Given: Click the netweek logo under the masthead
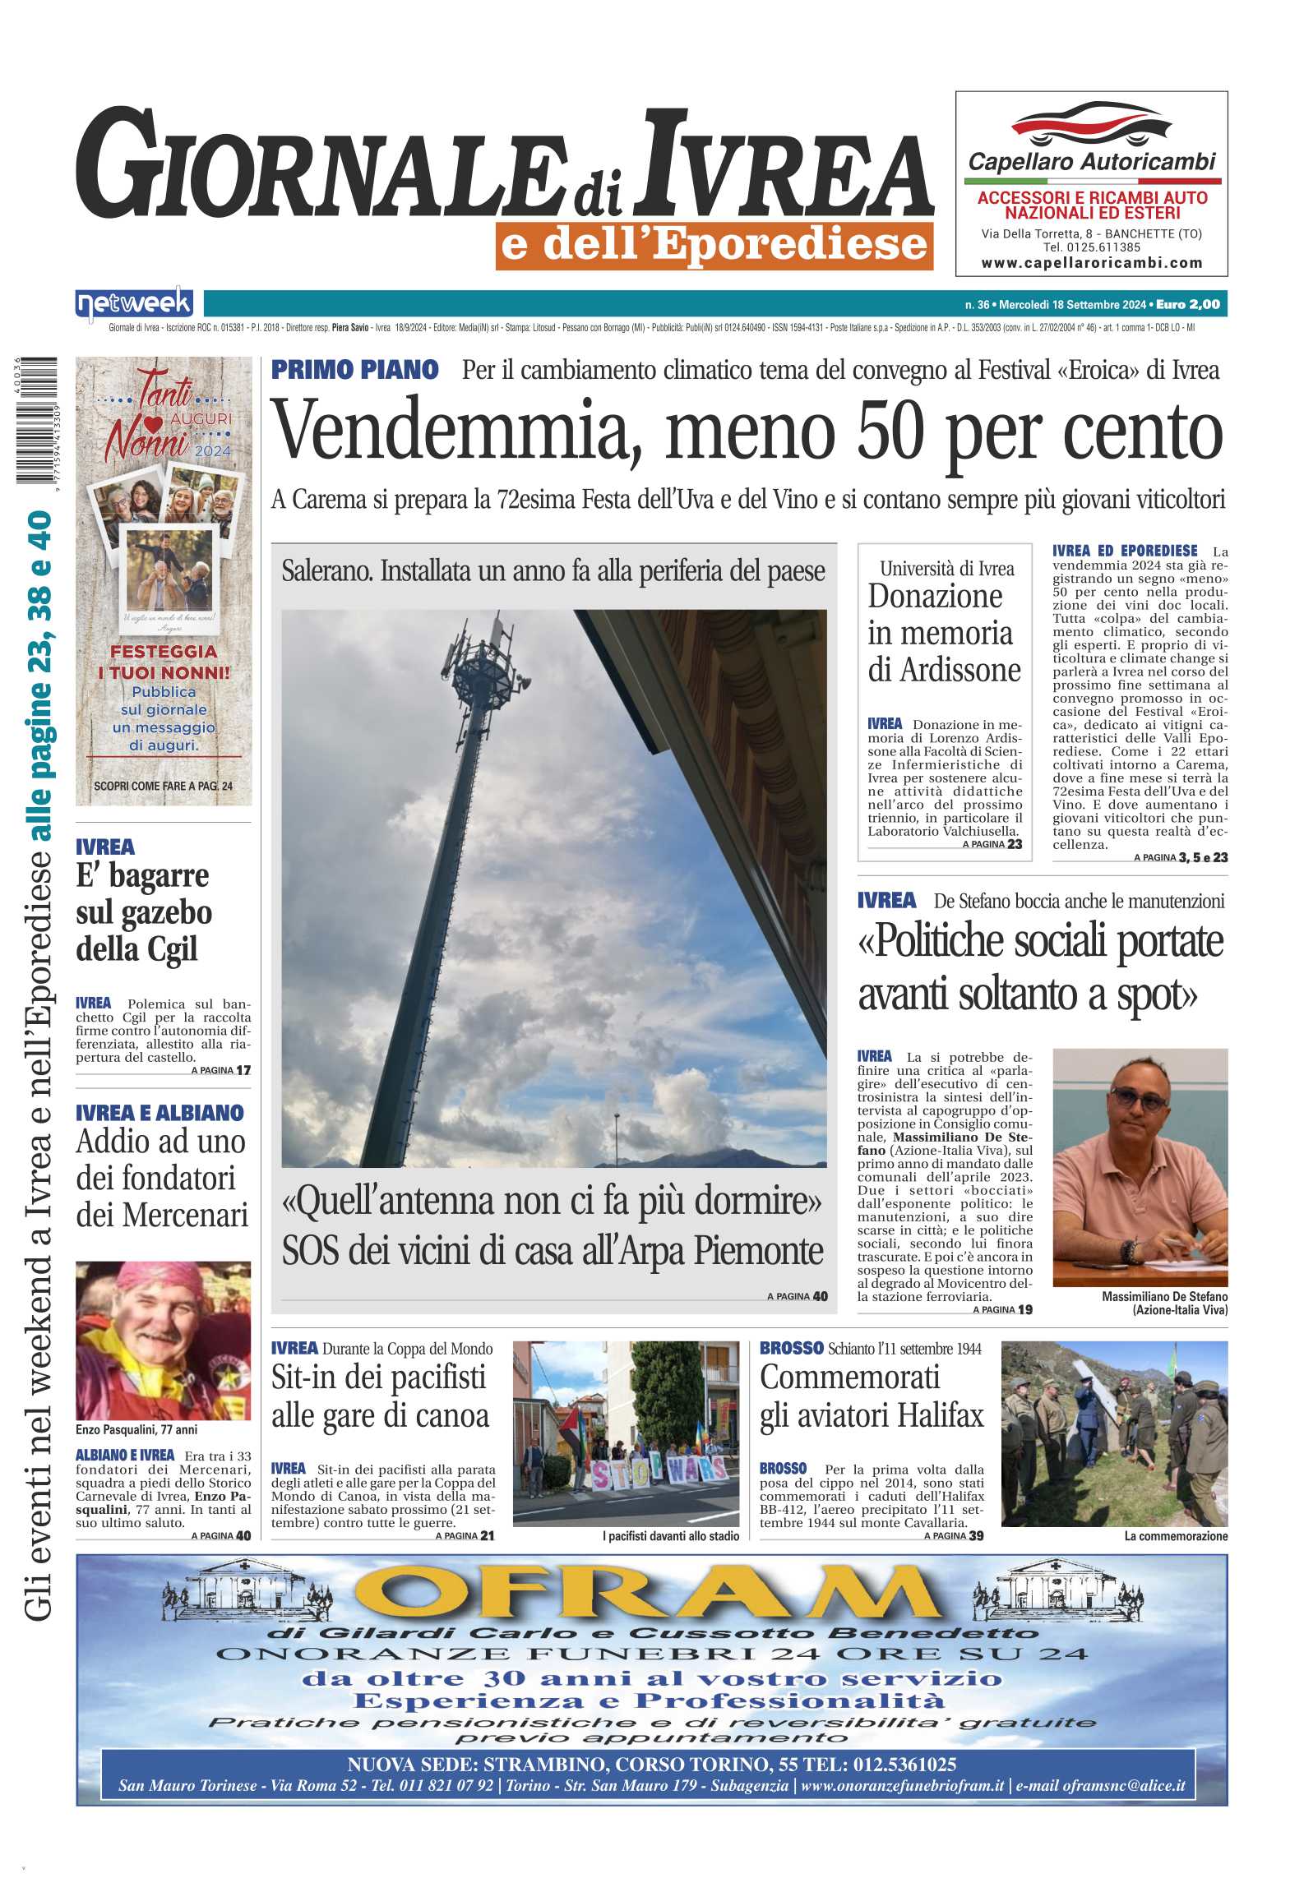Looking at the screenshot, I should pos(134,304).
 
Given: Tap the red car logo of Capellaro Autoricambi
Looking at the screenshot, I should pos(1091,124).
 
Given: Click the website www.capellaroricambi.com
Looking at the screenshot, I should pos(1091,263).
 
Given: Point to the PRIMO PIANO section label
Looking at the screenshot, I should pos(354,370).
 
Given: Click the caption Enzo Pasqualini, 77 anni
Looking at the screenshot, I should pos(136,1429).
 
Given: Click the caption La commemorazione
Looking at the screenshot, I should pos(1176,1536).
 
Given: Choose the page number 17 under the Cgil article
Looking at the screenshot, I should pos(243,1070).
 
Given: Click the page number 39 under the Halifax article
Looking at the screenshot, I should pos(976,1535).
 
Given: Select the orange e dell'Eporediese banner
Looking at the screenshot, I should pos(714,245).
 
